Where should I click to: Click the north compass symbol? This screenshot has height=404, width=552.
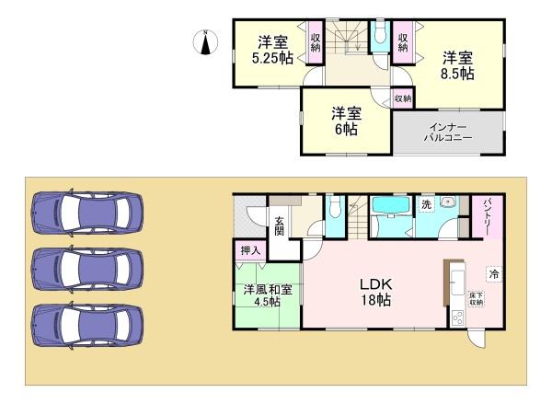click(x=205, y=41)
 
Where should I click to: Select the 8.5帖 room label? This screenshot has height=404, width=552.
click(x=455, y=64)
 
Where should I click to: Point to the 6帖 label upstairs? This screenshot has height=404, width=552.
click(x=346, y=121)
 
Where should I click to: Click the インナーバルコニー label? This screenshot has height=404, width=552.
click(x=448, y=131)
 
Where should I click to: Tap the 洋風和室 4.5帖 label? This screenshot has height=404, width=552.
click(x=268, y=296)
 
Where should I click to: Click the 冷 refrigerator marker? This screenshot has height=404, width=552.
click(x=494, y=273)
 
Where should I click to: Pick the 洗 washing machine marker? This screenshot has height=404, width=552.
click(x=426, y=204)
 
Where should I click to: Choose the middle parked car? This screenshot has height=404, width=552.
click(x=87, y=268)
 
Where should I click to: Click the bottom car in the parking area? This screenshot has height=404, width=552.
click(x=87, y=322)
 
